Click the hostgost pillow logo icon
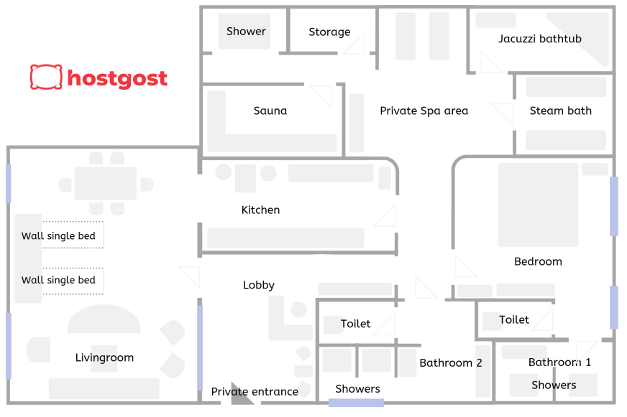(x=46, y=77)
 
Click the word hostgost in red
(x=117, y=78)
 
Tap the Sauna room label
(x=270, y=111)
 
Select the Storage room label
(x=329, y=32)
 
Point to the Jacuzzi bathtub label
(x=540, y=39)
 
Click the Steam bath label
(x=561, y=111)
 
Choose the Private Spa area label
(x=424, y=111)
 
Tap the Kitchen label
(x=261, y=210)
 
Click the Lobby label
(x=259, y=285)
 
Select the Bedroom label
(x=539, y=261)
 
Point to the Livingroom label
(x=105, y=357)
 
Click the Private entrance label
(x=255, y=391)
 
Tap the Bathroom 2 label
(x=451, y=362)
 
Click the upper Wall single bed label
(x=58, y=236)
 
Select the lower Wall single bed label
(x=58, y=280)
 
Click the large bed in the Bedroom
(x=539, y=205)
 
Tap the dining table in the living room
(x=106, y=183)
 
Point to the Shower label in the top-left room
(x=246, y=31)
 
